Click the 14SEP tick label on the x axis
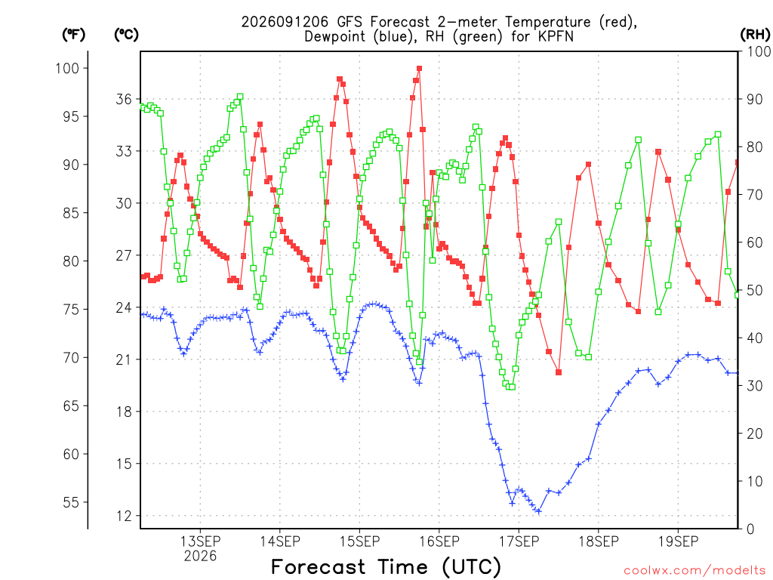coord(280,541)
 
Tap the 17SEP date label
coord(519,541)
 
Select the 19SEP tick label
coord(679,541)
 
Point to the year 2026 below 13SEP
coord(200,557)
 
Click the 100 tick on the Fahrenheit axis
coord(67,68)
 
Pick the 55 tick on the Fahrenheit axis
coord(71,502)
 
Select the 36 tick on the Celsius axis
coord(125,99)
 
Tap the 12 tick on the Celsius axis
coord(125,516)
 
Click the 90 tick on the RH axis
coord(755,99)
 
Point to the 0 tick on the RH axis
coord(750,529)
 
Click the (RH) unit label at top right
coord(755,34)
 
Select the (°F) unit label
coord(73,34)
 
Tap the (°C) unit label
coord(126,34)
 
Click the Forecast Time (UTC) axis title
coord(386,567)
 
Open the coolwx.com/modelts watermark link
coord(694,571)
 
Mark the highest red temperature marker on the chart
coord(419,69)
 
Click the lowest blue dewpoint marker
coord(538,511)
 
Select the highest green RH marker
coord(240,97)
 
